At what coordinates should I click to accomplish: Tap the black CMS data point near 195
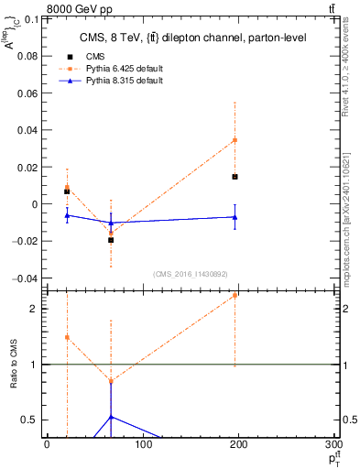235,176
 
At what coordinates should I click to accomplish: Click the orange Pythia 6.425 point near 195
235,140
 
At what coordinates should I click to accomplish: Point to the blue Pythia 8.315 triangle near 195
235,217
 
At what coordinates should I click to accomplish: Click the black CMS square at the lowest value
111,240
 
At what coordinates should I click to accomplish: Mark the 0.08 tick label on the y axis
28,56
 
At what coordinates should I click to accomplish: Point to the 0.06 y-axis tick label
28,93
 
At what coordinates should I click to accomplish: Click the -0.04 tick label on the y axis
26,278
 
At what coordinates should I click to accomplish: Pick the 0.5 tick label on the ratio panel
29,420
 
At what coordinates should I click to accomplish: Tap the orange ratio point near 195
235,295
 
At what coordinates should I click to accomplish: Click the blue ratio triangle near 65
111,417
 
